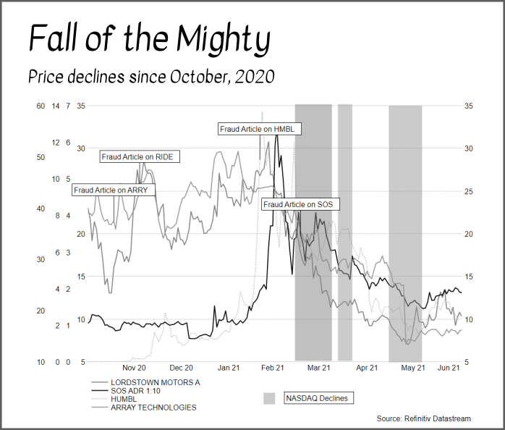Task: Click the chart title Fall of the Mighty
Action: point(149,38)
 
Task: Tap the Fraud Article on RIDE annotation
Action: point(140,156)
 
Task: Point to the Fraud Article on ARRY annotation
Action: point(111,190)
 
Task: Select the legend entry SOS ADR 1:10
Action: point(137,390)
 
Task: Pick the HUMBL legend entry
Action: point(123,399)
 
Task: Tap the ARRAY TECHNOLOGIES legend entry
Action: point(153,408)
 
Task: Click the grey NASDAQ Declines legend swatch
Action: point(269,398)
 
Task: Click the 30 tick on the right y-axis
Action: point(468,148)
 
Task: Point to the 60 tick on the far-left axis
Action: point(41,106)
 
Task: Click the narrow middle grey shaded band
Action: point(345,232)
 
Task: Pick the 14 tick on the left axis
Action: point(56,106)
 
